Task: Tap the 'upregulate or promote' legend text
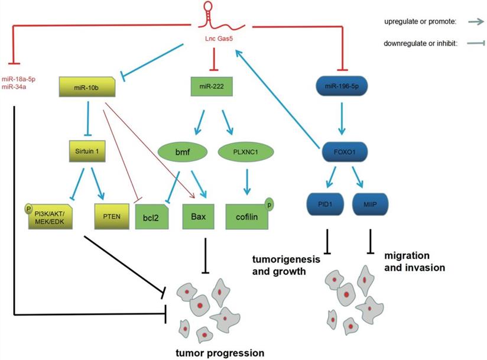417,22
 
